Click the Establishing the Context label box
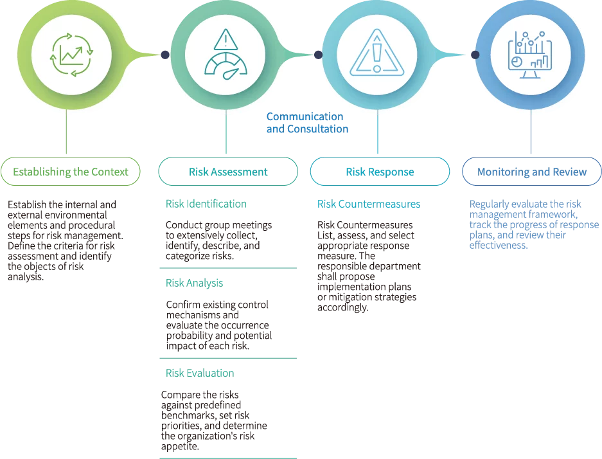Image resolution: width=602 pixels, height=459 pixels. pyautogui.click(x=72, y=172)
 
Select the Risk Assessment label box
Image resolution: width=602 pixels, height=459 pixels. pyautogui.click(x=228, y=172)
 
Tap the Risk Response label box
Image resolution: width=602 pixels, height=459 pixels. pyautogui.click(x=380, y=172)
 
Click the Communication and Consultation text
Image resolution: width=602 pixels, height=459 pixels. pyautogui.click(x=306, y=123)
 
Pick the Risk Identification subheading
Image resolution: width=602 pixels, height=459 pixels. pyautogui.click(x=206, y=204)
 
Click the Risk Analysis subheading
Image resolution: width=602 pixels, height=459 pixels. pyautogui.click(x=195, y=282)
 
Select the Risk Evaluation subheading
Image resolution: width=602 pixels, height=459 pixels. pyautogui.click(x=200, y=373)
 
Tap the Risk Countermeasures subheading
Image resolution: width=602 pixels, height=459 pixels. pyautogui.click(x=368, y=204)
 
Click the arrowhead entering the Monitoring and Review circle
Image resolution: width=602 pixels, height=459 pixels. pyautogui.click(x=475, y=55)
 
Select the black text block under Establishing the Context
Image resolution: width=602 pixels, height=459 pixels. pyautogui.click(x=63, y=239)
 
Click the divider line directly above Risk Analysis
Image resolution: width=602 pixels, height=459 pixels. pyautogui.click(x=228, y=269)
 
